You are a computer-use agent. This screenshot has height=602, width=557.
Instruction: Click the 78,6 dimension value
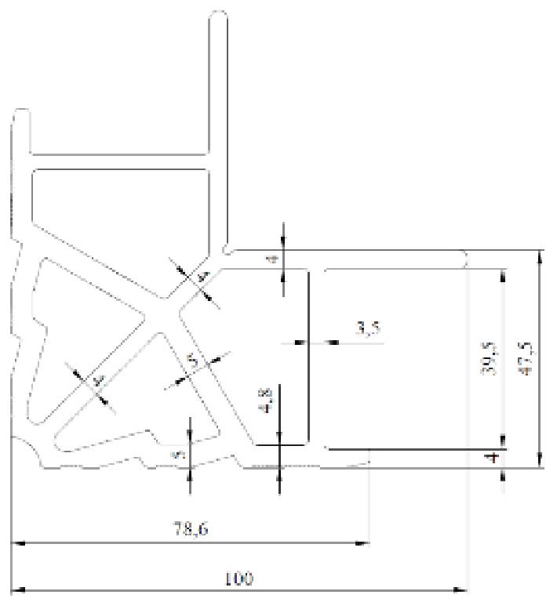click(x=191, y=529)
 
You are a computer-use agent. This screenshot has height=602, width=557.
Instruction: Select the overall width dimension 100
click(x=238, y=578)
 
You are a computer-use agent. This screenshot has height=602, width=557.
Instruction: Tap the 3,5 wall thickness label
click(x=367, y=329)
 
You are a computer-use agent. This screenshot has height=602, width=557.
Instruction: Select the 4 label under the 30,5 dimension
click(x=492, y=457)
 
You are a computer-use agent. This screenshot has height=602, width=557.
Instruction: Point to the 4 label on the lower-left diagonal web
click(x=98, y=381)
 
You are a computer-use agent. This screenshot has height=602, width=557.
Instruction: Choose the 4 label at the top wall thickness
click(x=272, y=258)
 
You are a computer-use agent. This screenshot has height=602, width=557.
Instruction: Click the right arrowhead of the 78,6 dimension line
click(x=363, y=542)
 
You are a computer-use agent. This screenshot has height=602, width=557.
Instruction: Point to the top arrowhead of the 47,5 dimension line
click(x=540, y=256)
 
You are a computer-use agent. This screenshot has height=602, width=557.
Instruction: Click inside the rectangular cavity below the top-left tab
click(x=122, y=196)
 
